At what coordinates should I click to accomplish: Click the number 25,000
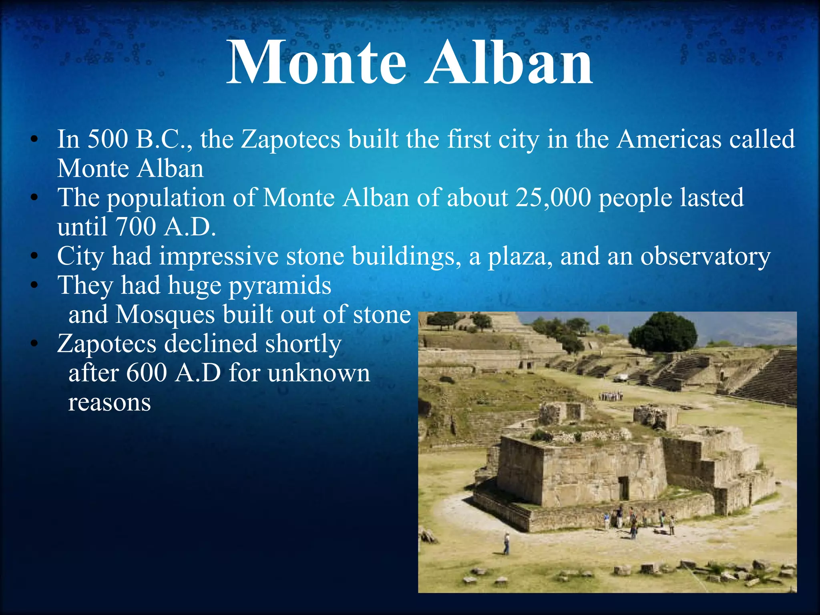(x=553, y=198)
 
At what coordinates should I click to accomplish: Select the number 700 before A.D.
(x=135, y=227)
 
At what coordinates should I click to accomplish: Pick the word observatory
(x=705, y=257)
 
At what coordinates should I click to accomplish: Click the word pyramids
(x=280, y=286)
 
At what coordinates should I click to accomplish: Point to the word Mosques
(x=165, y=315)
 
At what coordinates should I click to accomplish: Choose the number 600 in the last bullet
(x=147, y=373)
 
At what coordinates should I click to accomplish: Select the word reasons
(x=109, y=402)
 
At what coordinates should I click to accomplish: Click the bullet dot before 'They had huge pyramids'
(x=35, y=285)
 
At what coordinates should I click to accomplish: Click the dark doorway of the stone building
(x=623, y=488)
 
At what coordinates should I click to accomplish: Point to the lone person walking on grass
(x=506, y=544)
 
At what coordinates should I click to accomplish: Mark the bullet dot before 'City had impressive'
(x=35, y=256)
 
